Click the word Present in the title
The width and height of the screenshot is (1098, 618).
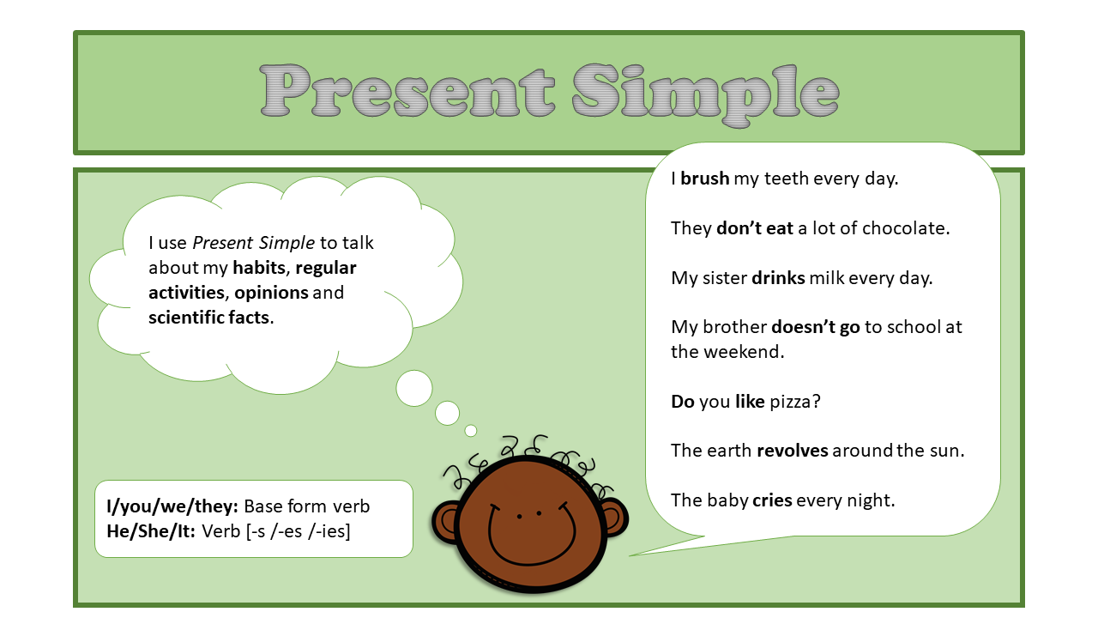point(407,91)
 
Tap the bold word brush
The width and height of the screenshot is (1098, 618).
point(704,179)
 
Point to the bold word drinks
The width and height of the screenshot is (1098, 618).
point(778,278)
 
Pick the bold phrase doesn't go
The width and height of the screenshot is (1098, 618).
point(815,327)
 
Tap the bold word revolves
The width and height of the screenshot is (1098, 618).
point(792,451)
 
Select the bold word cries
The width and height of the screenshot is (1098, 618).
point(772,500)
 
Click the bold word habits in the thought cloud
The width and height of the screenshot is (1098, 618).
point(258,268)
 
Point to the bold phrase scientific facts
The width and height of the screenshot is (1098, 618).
point(209,318)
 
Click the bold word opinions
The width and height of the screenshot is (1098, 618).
point(271,293)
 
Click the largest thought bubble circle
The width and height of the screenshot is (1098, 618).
point(414,388)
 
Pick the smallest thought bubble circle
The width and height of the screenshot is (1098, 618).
point(470,431)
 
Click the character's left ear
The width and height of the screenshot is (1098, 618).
point(446,522)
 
